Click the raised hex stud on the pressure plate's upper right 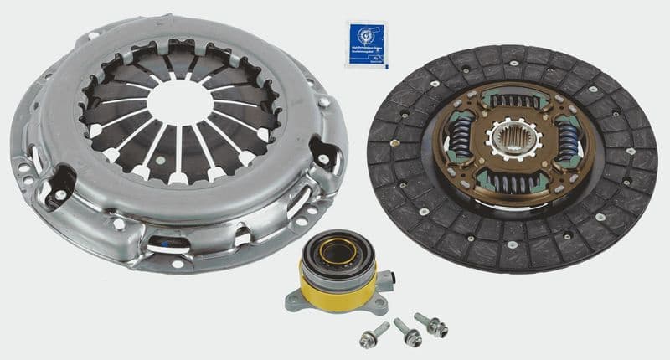[x=323, y=102]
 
